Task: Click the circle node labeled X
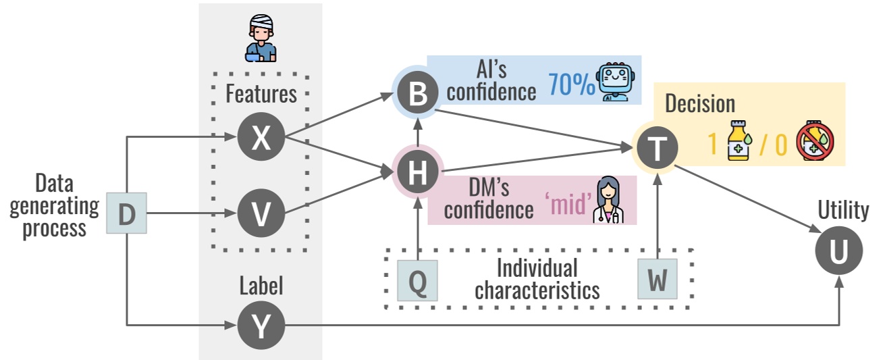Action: (261, 137)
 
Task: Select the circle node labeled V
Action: (261, 213)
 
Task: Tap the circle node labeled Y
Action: (261, 326)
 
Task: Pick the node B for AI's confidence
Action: (418, 93)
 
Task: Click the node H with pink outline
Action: (418, 172)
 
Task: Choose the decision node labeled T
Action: (657, 148)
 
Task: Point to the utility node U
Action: (839, 251)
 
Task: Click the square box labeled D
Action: (126, 213)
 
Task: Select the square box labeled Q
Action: (417, 280)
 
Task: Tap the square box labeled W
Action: (658, 279)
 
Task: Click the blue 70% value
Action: (571, 84)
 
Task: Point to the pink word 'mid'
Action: (569, 204)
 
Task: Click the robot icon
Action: (616, 82)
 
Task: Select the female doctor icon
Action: (608, 199)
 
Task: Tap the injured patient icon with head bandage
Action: (261, 38)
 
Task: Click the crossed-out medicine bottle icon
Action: (815, 140)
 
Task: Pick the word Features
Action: (261, 94)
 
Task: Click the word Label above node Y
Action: (261, 286)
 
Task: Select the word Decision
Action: (700, 103)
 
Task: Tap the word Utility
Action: (843, 209)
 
